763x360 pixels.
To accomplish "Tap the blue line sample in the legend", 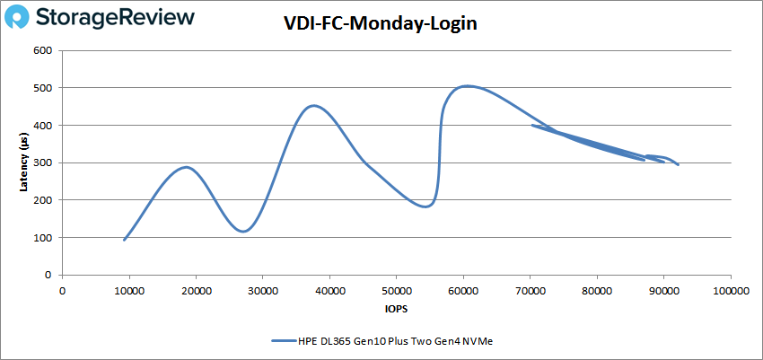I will [x=285, y=341].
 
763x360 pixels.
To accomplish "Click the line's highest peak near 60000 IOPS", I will [x=465, y=86].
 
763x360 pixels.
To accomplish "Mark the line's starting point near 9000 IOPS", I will [x=124, y=240].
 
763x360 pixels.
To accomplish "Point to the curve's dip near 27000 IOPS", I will [x=243, y=232].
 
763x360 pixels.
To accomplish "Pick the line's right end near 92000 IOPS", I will [x=678, y=165].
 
